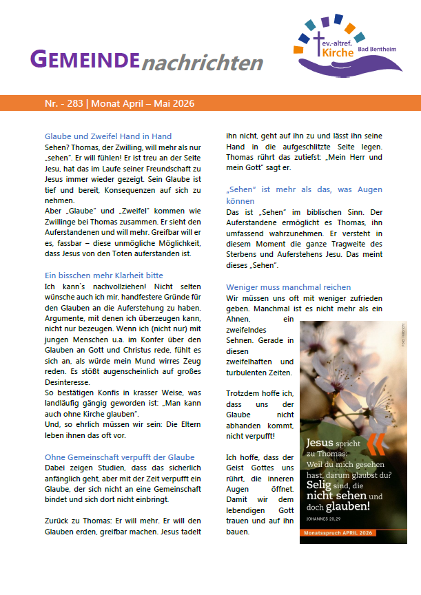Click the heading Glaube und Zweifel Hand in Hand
[x=108, y=136]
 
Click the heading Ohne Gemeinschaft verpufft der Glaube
[x=120, y=457]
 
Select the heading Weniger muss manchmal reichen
[x=289, y=286]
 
